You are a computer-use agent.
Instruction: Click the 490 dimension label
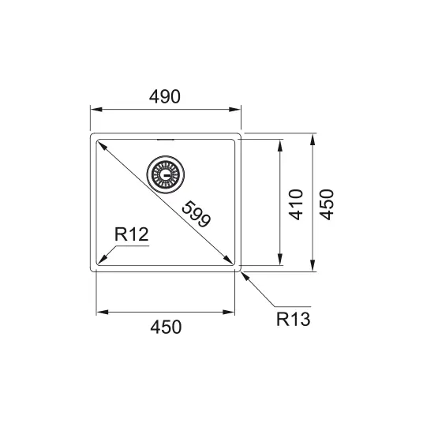(x=165, y=96)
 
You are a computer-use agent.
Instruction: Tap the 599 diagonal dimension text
(x=197, y=214)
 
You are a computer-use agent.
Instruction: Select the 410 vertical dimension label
(x=296, y=204)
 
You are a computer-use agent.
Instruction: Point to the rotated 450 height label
(x=327, y=204)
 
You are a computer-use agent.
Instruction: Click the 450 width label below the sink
(x=166, y=327)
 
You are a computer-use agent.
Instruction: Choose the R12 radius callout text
(x=131, y=234)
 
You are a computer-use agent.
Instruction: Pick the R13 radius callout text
(x=294, y=319)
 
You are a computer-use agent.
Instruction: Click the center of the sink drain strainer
(x=166, y=174)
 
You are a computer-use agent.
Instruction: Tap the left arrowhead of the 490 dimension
(x=96, y=110)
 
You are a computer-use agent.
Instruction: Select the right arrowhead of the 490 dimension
(x=234, y=110)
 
